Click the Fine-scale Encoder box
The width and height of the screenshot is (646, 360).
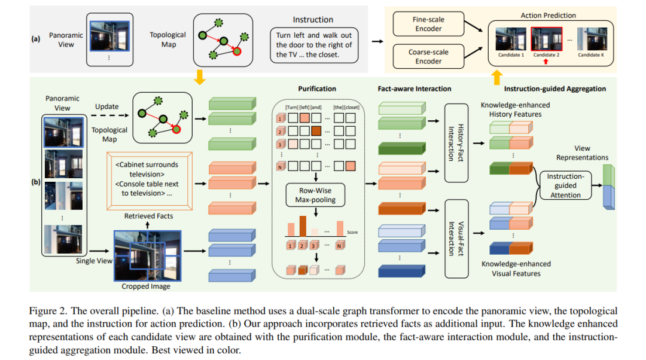click(x=428, y=25)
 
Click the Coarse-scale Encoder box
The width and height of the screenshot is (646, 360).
click(x=428, y=57)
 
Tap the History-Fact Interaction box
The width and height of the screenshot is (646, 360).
click(x=461, y=142)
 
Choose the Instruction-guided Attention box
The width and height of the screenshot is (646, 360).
click(x=565, y=186)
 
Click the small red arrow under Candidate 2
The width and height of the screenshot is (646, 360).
click(x=545, y=62)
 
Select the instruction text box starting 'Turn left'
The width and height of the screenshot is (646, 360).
click(x=314, y=45)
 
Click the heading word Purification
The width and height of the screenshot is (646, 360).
click(x=317, y=89)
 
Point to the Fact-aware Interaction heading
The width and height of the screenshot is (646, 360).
click(x=415, y=89)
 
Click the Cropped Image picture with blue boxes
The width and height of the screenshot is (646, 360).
click(x=147, y=255)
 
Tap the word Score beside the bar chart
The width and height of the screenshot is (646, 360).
click(x=352, y=232)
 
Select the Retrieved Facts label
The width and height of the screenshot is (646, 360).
click(x=149, y=216)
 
